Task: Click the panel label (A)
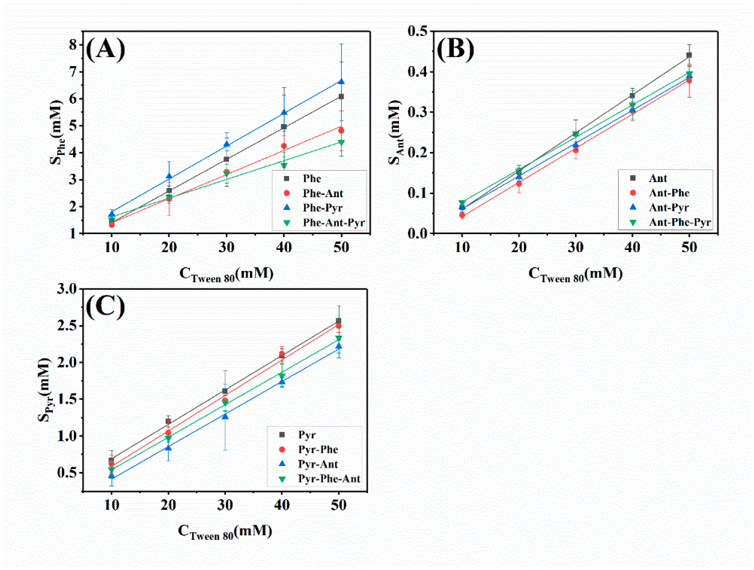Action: click(105, 50)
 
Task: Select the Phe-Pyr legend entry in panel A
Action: click(322, 208)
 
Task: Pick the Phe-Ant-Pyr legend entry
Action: click(333, 223)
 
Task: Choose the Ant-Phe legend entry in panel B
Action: click(669, 193)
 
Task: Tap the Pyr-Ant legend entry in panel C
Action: click(318, 464)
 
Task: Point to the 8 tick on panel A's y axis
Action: click(73, 45)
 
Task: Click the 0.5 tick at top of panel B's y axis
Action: click(418, 31)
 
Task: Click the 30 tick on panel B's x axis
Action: click(575, 247)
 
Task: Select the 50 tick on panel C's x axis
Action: click(338, 505)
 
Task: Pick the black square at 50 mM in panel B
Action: click(689, 55)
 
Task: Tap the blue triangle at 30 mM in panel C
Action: click(225, 416)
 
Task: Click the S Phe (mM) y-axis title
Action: click(57, 132)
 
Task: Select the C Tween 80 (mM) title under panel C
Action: click(225, 531)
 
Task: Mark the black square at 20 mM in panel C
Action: click(168, 421)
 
